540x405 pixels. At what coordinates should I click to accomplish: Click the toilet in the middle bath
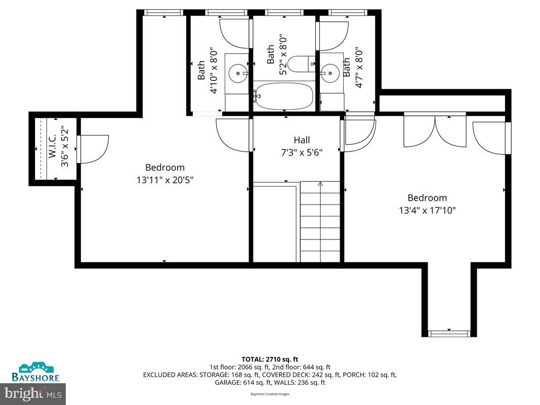(x=298, y=64)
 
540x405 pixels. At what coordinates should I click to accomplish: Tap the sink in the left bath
(x=237, y=74)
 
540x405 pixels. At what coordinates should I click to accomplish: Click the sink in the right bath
(x=330, y=73)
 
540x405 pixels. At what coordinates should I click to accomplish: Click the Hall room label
(x=302, y=140)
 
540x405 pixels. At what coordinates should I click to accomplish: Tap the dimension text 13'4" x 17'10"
(x=428, y=210)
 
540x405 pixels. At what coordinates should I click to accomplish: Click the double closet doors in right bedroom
(x=435, y=130)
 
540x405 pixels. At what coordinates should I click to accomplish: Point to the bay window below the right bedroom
(x=449, y=333)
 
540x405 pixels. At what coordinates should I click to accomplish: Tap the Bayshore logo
(x=35, y=372)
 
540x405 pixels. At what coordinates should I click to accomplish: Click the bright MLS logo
(x=33, y=392)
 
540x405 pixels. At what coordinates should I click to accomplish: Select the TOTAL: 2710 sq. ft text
(x=270, y=359)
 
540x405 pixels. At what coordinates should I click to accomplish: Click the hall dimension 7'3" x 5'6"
(x=302, y=151)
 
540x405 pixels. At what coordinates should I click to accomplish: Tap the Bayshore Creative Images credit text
(x=270, y=393)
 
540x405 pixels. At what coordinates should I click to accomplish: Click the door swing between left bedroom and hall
(x=233, y=135)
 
